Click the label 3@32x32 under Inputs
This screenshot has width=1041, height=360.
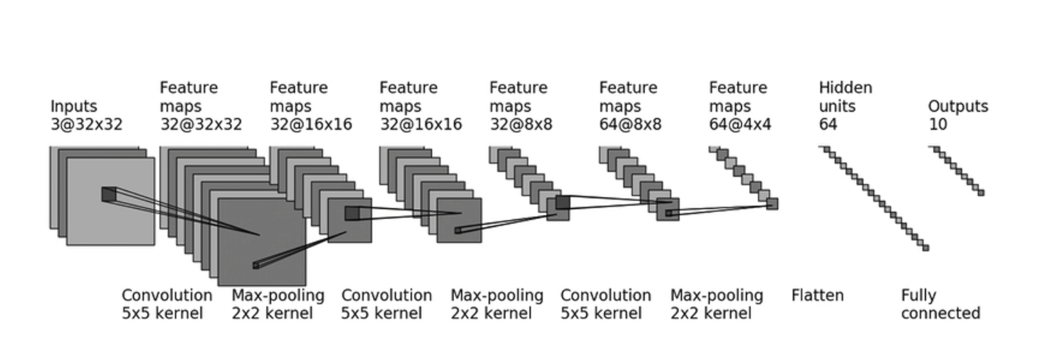(x=87, y=124)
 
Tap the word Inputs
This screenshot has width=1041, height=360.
(x=74, y=106)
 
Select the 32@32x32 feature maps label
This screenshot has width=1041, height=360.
(x=201, y=124)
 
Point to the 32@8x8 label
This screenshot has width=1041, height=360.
(x=521, y=124)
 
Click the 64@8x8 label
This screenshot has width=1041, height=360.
(x=631, y=124)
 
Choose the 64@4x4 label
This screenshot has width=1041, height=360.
(x=740, y=124)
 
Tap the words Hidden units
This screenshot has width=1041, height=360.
(x=845, y=97)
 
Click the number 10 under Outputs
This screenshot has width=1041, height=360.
(x=938, y=124)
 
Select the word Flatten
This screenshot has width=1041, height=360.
(x=818, y=296)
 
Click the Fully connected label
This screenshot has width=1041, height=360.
(x=940, y=304)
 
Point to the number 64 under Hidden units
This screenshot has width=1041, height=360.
(x=828, y=124)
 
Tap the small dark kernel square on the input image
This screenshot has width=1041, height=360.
(x=108, y=194)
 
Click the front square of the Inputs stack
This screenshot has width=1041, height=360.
(x=110, y=202)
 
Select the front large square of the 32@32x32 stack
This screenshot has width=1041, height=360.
(x=261, y=242)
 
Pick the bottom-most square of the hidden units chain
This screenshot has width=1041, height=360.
(x=925, y=248)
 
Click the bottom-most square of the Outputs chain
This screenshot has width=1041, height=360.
(x=981, y=193)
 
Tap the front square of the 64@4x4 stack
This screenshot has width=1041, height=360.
(x=773, y=203)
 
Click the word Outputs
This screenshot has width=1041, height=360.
(x=958, y=106)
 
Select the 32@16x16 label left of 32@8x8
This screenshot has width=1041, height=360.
(x=420, y=124)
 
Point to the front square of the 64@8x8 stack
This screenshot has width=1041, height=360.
(x=668, y=209)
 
